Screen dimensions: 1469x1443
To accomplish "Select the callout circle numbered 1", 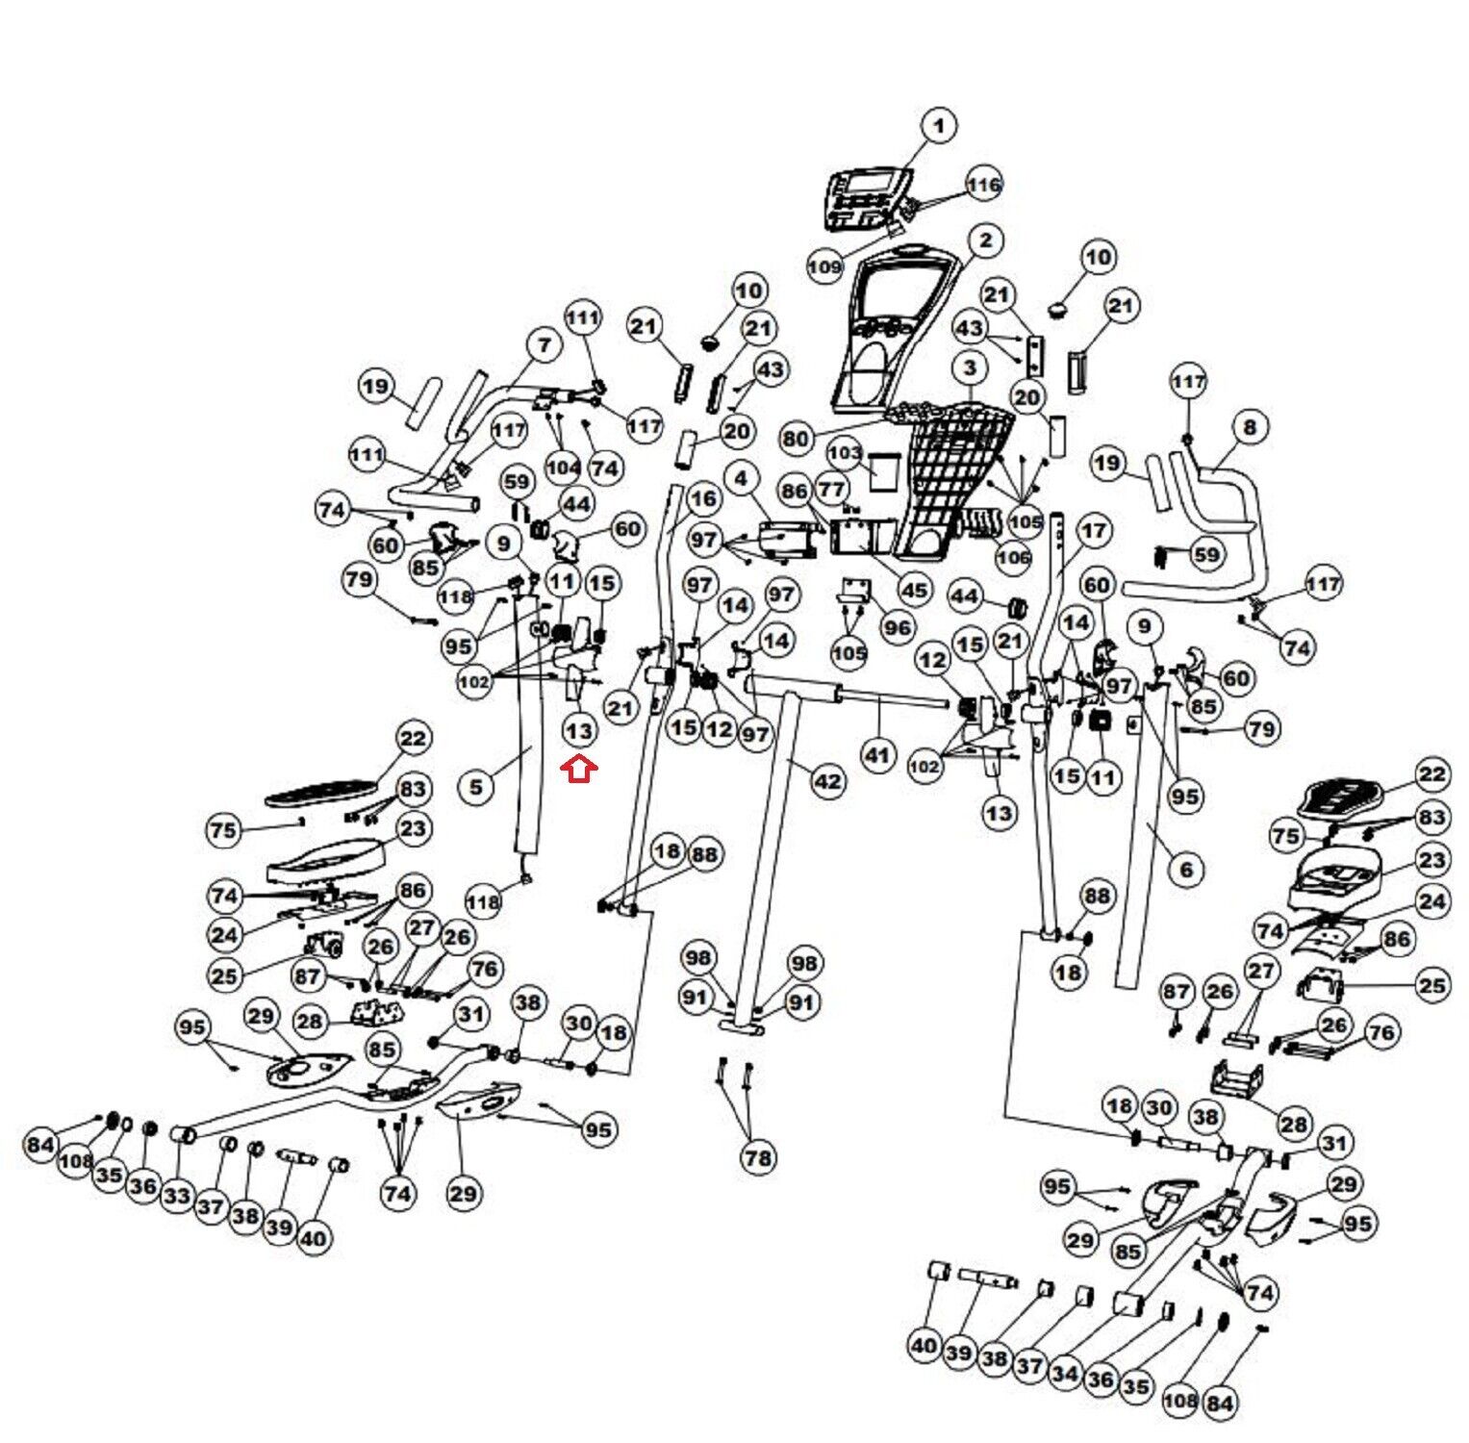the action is (x=939, y=125).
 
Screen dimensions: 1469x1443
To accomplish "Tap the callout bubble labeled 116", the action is (x=984, y=185).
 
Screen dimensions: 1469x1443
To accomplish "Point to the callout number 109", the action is (x=824, y=266).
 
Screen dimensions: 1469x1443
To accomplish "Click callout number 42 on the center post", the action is (x=828, y=782).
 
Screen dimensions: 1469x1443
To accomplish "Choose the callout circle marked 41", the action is (x=876, y=755).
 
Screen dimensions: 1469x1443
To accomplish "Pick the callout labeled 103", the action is (x=844, y=452).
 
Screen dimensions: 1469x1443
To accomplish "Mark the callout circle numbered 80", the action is (x=796, y=440).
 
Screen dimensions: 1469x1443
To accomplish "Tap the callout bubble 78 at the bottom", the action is (x=758, y=1157).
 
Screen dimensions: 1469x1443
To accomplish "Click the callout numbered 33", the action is (x=177, y=1196).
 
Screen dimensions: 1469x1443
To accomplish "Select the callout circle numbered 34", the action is (x=1065, y=1374).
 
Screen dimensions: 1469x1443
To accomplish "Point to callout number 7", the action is (x=545, y=344).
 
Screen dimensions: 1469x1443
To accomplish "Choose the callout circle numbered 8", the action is (x=1250, y=426).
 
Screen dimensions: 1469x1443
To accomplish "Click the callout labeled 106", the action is (x=1012, y=556).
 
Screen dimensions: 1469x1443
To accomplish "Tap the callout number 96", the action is (x=898, y=628).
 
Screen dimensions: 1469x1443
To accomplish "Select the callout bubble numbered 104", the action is (x=563, y=468).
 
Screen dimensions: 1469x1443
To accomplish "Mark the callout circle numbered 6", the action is (x=1186, y=870).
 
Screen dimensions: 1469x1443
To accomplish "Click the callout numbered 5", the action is (x=476, y=786).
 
